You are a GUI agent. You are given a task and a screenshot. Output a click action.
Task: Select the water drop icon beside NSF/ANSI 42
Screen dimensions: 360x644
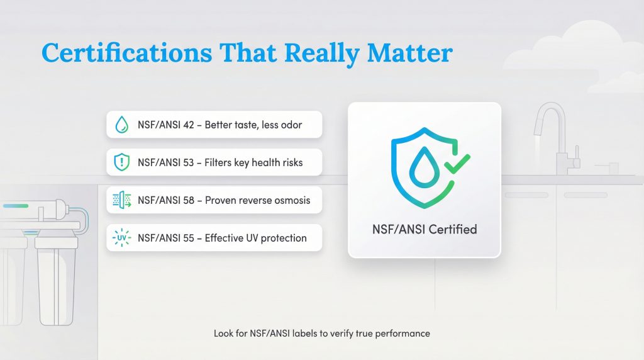point(121,125)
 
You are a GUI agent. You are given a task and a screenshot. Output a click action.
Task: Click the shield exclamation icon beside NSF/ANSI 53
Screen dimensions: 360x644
point(121,162)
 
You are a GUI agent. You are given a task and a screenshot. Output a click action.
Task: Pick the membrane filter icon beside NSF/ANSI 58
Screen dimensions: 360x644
point(121,201)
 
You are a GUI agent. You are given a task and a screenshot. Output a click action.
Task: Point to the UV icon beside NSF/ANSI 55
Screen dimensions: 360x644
point(121,239)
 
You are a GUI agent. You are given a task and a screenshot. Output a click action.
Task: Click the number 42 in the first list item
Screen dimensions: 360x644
point(189,125)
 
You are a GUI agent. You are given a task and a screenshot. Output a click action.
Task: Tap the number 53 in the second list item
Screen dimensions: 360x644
point(189,163)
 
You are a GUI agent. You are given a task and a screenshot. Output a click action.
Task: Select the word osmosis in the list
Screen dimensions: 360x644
point(291,201)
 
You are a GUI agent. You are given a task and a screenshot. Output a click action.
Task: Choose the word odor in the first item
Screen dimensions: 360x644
point(291,125)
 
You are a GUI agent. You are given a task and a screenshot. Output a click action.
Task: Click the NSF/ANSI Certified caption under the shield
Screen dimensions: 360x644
point(425,228)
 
